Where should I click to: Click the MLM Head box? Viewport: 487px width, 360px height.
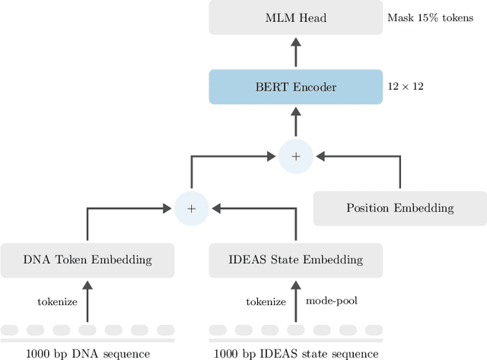295,18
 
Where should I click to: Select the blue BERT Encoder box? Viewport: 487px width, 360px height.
295,87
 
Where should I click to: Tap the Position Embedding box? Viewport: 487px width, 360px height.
400,208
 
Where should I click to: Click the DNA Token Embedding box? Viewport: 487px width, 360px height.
88,260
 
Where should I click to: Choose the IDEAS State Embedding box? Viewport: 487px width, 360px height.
295,260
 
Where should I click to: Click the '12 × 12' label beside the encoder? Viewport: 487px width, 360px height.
406,87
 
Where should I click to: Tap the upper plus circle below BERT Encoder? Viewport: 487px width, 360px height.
295,156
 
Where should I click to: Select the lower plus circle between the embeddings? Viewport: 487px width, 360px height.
192,208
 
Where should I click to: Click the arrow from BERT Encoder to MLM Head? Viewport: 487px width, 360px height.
295,52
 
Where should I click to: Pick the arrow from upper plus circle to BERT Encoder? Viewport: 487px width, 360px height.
295,122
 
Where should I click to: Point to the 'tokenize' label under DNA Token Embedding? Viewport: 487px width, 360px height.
57,302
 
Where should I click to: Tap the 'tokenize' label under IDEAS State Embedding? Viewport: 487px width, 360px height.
265,302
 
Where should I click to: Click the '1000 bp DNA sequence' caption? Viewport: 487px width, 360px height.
88,353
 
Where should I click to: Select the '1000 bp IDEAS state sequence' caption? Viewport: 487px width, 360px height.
295,353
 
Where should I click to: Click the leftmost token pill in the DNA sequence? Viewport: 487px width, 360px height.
10,330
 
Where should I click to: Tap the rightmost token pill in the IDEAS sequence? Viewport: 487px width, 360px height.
374,330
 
